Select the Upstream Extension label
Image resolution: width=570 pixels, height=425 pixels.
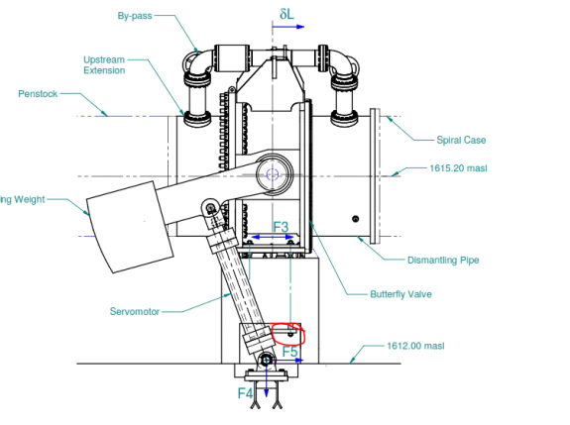pyautogui.click(x=103, y=65)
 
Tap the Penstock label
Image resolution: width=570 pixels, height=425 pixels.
pyautogui.click(x=41, y=94)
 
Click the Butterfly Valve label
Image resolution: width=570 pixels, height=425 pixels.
pyautogui.click(x=400, y=293)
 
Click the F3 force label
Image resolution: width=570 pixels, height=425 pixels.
pyautogui.click(x=281, y=228)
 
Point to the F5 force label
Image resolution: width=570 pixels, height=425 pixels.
pyautogui.click(x=289, y=351)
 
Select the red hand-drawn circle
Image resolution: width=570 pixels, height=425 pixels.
pyautogui.click(x=287, y=333)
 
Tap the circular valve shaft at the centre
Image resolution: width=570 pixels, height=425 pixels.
pyautogui.click(x=272, y=174)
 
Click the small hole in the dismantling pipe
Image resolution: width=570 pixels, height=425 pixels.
pyautogui.click(x=356, y=218)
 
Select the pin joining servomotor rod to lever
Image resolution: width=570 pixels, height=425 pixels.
pyautogui.click(x=211, y=207)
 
